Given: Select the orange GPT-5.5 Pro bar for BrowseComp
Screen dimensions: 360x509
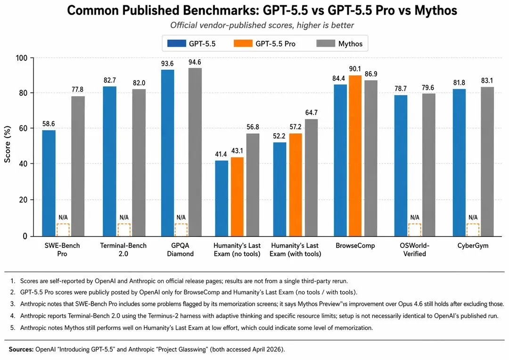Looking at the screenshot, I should coord(355,155).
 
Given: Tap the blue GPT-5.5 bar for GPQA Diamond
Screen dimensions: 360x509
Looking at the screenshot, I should coord(167,153).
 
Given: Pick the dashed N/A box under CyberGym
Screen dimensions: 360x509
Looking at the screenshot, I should coord(473,229).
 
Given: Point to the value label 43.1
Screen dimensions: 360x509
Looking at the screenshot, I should coord(238,151).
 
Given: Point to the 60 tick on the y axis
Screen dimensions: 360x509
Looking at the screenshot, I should coord(26,128).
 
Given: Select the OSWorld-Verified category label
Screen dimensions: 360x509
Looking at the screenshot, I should coord(415,250).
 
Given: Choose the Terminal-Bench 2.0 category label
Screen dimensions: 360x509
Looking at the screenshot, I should coord(123,250).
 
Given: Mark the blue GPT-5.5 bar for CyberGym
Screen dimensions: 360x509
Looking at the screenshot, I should coord(460,162).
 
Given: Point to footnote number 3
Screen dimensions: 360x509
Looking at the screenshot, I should coord(12,304).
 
